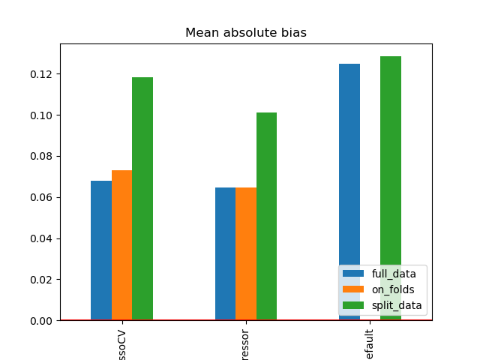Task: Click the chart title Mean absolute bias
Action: tap(246, 33)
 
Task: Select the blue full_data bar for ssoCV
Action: tap(101, 250)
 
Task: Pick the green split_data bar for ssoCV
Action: tap(142, 199)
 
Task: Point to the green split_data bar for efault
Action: tap(391, 165)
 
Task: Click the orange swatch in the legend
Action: tap(353, 289)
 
